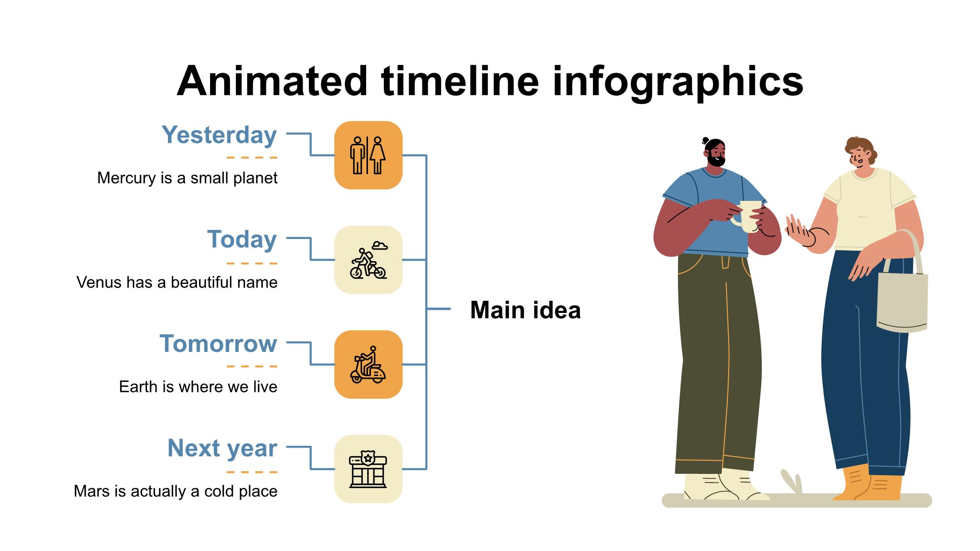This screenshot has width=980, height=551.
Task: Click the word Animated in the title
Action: click(x=272, y=81)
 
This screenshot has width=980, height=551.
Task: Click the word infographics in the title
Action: click(x=678, y=83)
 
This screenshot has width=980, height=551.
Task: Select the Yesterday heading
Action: click(x=219, y=135)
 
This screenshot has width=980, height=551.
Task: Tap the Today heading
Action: click(x=242, y=239)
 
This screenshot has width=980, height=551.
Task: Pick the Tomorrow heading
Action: click(x=218, y=344)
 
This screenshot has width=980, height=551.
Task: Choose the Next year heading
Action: click(x=222, y=449)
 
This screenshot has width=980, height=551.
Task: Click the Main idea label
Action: click(x=525, y=310)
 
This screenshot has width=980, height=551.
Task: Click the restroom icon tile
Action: click(x=368, y=155)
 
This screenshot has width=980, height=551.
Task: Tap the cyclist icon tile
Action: click(x=368, y=260)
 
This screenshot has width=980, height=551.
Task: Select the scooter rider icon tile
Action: click(x=368, y=365)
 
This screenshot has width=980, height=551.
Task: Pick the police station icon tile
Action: click(x=368, y=469)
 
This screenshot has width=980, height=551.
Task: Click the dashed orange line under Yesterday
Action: click(x=252, y=158)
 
